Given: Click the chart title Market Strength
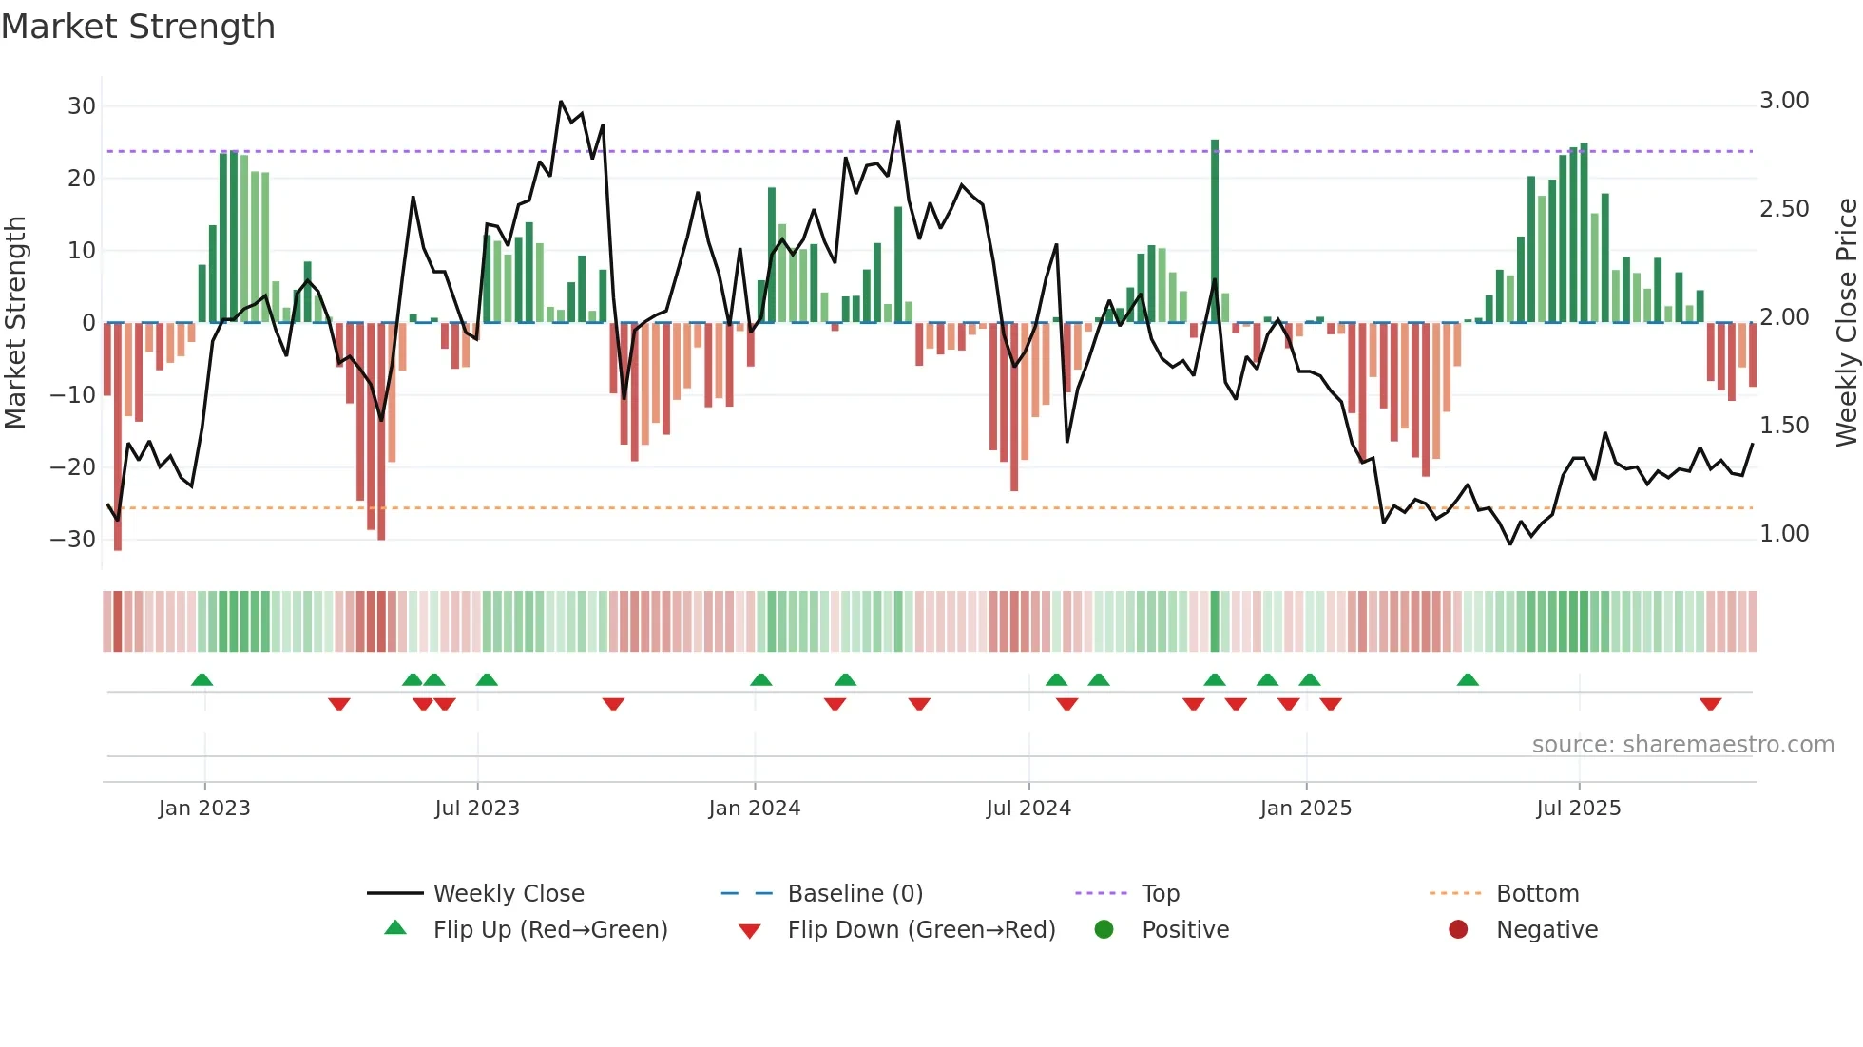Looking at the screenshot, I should pos(138,27).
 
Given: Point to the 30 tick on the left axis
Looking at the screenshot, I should pos(82,106).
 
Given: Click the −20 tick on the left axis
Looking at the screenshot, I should pos(73,467).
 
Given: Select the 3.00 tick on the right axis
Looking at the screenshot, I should pos(1784,101).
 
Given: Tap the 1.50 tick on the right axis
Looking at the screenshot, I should pos(1784,426).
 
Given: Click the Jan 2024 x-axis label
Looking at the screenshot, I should pos(755,809).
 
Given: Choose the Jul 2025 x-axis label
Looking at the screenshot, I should pos(1579,809).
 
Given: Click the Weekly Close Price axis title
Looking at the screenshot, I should pos(1846,323).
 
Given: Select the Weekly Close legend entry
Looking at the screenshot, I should pos(509,894).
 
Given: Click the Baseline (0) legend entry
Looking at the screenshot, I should pos(855,894).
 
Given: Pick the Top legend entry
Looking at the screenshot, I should pos(1160,894).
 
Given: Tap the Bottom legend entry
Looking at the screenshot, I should pos(1537,894).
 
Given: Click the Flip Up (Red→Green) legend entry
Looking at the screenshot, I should pos(550,930).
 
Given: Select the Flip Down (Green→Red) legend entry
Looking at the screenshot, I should pos(921,930).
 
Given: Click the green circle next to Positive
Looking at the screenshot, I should pos(1104,930).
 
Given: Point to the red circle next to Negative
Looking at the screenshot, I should pos(1458,930).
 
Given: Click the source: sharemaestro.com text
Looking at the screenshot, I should pos(1682,745).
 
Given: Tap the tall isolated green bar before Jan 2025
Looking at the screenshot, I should pos(1215,231).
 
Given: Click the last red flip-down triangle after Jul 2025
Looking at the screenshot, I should pos(1711,704).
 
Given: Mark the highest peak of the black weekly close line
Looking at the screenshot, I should pos(561,102).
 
